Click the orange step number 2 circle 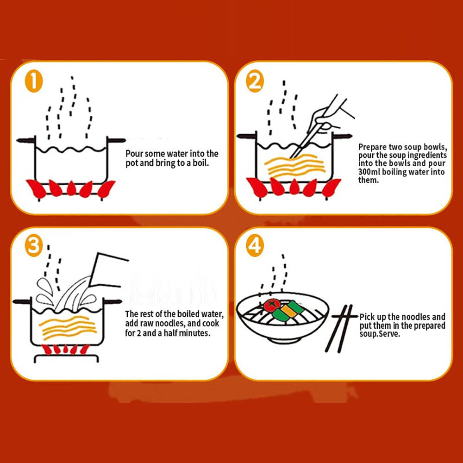[x=255, y=82]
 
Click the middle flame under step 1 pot [x=71, y=188]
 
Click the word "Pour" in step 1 [x=134, y=154]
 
